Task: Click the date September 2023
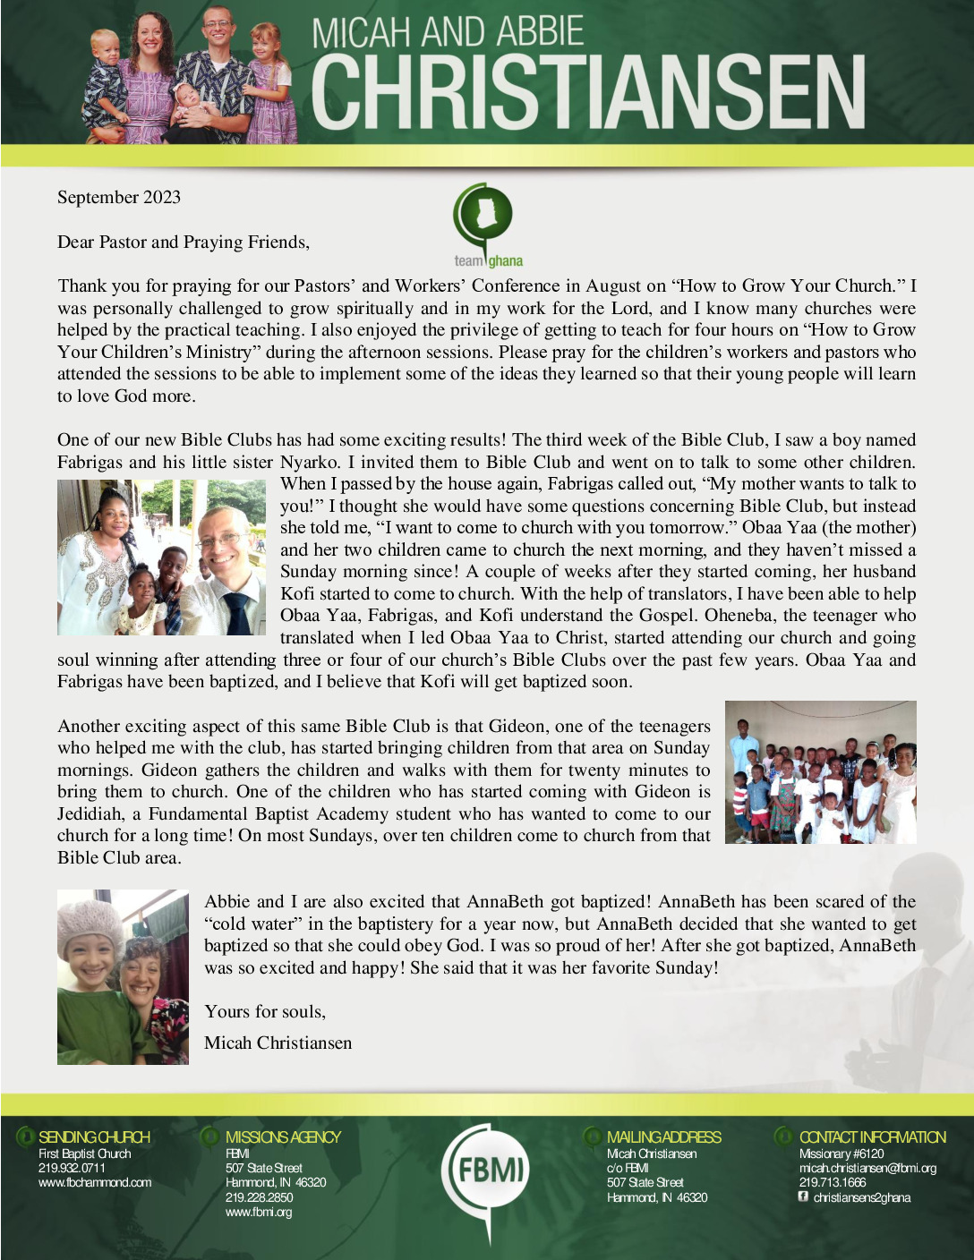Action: coord(119,198)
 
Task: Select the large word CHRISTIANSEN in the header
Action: coord(587,94)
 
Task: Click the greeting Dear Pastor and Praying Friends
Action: coord(184,242)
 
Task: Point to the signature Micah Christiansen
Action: coord(278,1043)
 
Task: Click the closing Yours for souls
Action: coord(265,1011)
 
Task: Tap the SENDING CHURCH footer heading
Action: coord(94,1137)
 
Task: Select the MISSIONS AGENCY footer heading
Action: coord(283,1137)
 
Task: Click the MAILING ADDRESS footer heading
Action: coord(663,1137)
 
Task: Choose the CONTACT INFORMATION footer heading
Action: coord(872,1137)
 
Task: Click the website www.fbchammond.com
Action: coord(95,1182)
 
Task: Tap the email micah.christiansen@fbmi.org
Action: coord(867,1168)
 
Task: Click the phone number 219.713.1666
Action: coord(833,1182)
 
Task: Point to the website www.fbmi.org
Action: coord(259,1212)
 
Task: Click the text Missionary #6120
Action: coord(841,1154)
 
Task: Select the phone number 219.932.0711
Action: coord(72,1168)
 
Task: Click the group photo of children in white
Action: coord(820,772)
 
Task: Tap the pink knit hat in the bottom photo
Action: coord(90,922)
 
